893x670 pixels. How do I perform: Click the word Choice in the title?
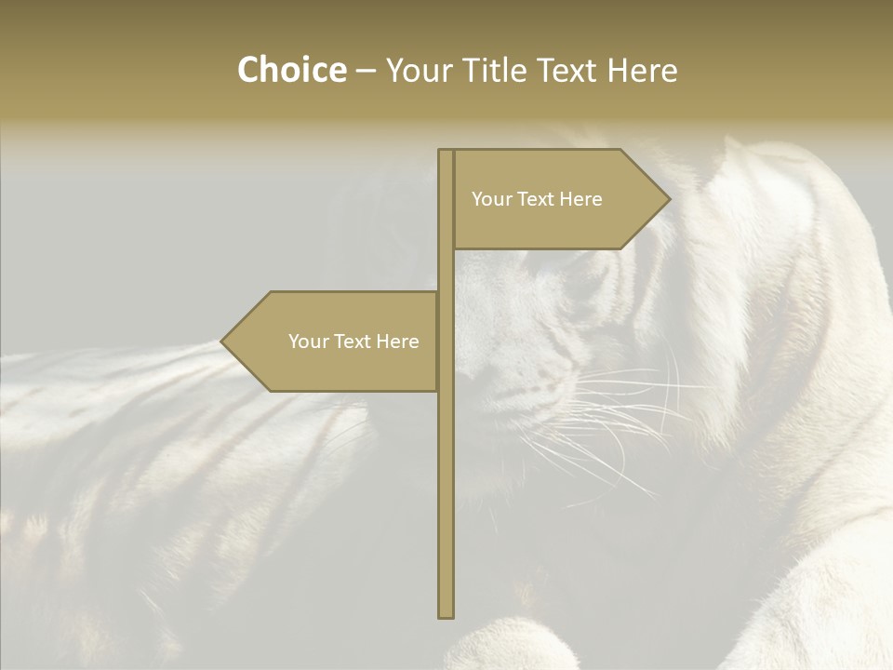(x=291, y=71)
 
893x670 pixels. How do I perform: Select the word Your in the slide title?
(x=416, y=71)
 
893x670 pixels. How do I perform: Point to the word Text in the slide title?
(x=566, y=71)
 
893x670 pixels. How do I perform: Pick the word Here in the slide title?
(x=643, y=71)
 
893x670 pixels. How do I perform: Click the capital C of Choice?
(x=248, y=71)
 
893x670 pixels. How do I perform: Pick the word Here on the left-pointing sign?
(x=397, y=342)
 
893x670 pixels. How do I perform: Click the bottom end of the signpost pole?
(x=446, y=614)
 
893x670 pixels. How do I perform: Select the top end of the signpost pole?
(x=446, y=152)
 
